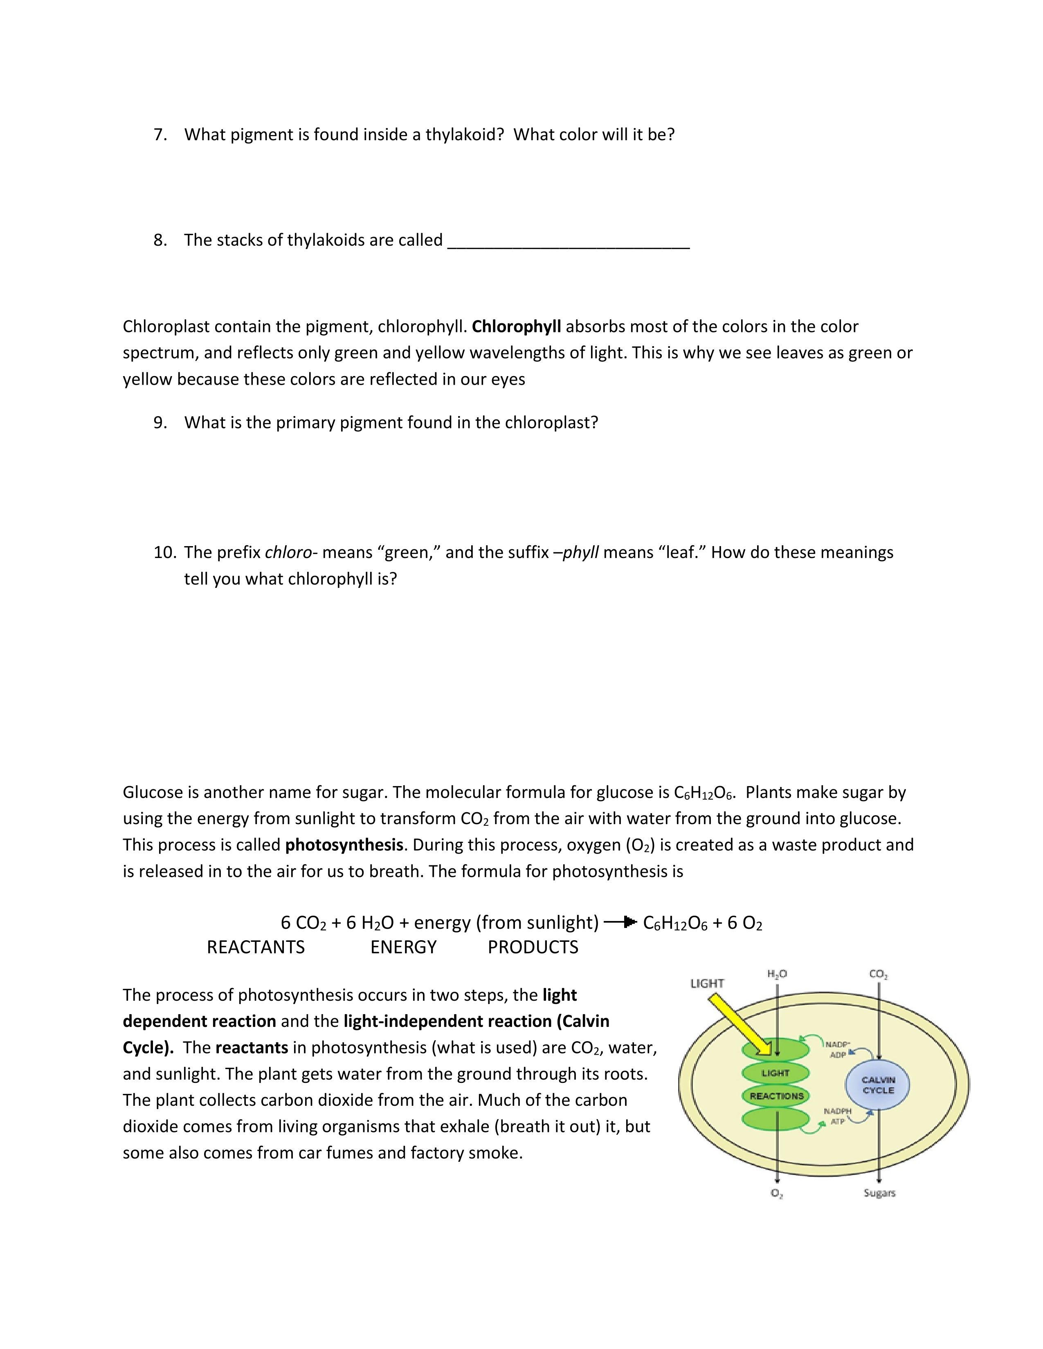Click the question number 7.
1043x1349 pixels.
[160, 134]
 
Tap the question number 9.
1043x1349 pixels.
[160, 423]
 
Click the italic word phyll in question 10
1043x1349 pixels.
[580, 552]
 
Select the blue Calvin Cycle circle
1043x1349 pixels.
[877, 1085]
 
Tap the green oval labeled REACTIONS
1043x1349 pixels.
[776, 1096]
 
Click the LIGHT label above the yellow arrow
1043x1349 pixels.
[707, 983]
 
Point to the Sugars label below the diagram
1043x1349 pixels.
[879, 1193]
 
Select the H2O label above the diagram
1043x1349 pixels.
[777, 974]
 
